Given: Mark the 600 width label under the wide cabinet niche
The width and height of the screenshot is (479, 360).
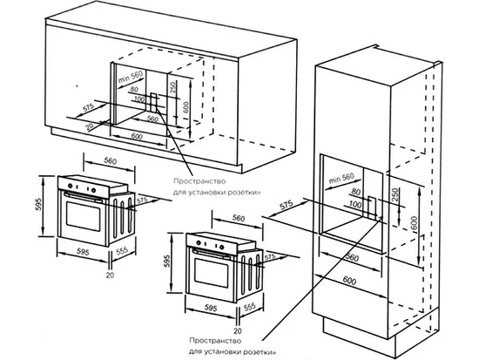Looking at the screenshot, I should pyautogui.click(x=137, y=137).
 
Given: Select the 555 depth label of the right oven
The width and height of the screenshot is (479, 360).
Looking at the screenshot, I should pyautogui.click(x=249, y=307).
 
